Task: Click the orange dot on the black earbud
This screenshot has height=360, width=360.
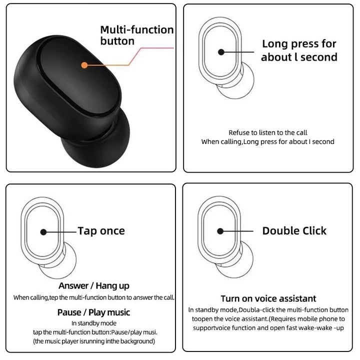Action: pyautogui.click(x=84, y=65)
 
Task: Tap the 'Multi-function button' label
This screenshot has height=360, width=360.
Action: pyautogui.click(x=136, y=35)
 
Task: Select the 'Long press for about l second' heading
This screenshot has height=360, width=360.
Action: pyautogui.click(x=299, y=50)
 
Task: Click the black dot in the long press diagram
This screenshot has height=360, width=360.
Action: pyautogui.click(x=220, y=51)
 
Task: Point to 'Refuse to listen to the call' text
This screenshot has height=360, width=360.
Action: pyautogui.click(x=267, y=132)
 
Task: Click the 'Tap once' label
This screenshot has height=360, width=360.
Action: pyautogui.click(x=101, y=230)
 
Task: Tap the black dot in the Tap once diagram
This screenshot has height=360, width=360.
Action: pyautogui.click(x=43, y=232)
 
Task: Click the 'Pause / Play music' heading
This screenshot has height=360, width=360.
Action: pyautogui.click(x=93, y=312)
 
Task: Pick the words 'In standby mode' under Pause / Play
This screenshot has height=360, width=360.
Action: pyautogui.click(x=93, y=323)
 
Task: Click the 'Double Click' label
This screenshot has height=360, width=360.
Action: pyautogui.click(x=294, y=230)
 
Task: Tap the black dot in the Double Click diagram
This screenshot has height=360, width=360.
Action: pyautogui.click(x=220, y=230)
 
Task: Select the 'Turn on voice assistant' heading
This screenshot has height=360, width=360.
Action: pyautogui.click(x=268, y=298)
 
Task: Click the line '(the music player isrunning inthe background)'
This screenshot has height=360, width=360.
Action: pyautogui.click(x=93, y=341)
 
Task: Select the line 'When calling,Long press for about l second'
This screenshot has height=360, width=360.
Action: pyautogui.click(x=267, y=141)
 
